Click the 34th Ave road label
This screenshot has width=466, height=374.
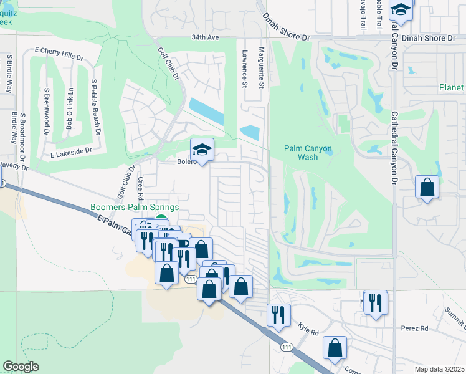click(206, 37)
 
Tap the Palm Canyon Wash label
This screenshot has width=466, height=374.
click(308, 153)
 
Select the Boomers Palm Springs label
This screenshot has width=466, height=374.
click(135, 208)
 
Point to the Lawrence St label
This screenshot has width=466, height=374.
click(245, 69)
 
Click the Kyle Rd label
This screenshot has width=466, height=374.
click(308, 327)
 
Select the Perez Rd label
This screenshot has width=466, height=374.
click(416, 328)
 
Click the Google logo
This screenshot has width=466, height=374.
click(21, 367)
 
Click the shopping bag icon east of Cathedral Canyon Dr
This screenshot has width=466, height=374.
click(427, 187)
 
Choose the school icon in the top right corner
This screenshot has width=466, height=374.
click(401, 10)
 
